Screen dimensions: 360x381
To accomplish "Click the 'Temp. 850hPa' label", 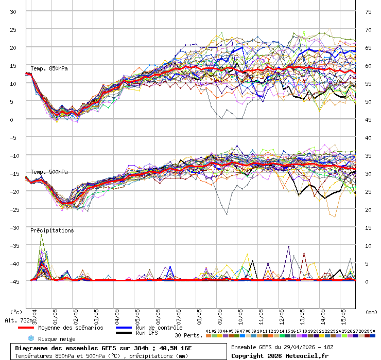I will (49, 68).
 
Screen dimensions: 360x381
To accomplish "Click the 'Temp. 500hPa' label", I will (49, 172).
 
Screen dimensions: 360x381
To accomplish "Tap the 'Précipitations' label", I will (52, 230).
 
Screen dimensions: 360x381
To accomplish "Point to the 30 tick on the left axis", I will (13, 11).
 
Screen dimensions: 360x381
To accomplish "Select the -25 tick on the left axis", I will (13, 209).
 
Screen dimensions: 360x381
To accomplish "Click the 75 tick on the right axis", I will (368, 11).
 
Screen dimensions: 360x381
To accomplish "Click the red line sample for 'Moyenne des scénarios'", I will (32, 328).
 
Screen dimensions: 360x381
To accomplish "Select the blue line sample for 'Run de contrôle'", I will (124, 328).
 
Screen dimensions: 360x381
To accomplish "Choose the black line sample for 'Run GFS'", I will (124, 333).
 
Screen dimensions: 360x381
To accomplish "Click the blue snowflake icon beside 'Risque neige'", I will (30, 338).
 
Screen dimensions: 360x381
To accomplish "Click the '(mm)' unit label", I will (370, 312).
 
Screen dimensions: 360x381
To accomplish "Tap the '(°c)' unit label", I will (16, 312).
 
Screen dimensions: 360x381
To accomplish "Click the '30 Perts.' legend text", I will (188, 335).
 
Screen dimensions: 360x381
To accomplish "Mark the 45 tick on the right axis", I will (368, 119).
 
